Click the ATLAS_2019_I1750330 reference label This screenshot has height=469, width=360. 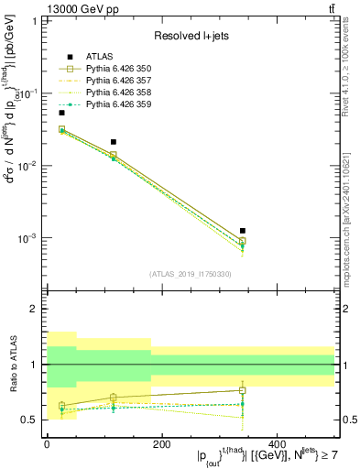191,274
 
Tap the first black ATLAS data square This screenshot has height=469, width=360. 61,113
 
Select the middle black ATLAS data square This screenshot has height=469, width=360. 114,142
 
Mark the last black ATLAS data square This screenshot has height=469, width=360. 242,231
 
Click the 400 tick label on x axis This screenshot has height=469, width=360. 278,443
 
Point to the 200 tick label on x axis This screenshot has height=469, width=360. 162,443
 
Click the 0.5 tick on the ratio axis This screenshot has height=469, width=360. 34,420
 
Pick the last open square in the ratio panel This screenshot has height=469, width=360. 242,390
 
